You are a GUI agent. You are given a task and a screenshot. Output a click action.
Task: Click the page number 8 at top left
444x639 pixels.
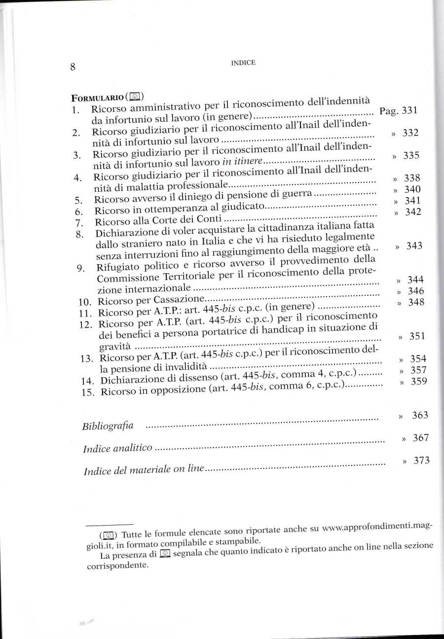(x=73, y=67)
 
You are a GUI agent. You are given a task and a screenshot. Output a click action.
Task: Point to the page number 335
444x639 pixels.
(x=411, y=156)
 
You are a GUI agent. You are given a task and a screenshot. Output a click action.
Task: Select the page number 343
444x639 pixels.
(x=414, y=246)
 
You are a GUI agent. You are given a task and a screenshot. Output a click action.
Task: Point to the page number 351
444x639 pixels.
(x=417, y=337)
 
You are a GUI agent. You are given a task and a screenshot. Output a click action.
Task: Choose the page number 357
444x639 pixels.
(x=418, y=370)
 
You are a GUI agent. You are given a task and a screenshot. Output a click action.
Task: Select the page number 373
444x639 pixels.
(x=422, y=461)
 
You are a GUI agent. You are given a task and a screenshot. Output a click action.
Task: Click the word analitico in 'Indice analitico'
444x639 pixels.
(x=132, y=449)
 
